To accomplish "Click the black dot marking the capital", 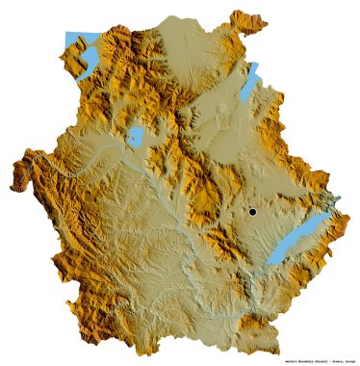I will pos(251,211).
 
